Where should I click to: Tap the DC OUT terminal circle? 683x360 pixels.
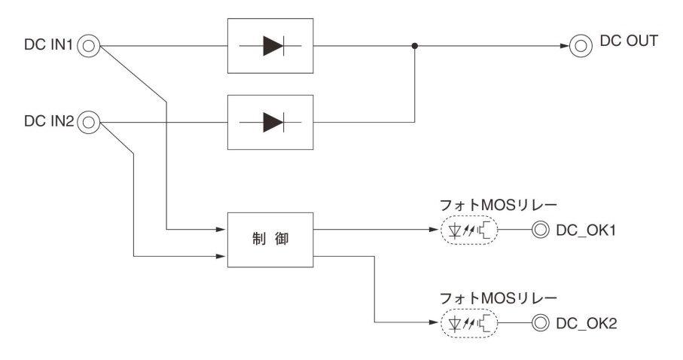pos(579,46)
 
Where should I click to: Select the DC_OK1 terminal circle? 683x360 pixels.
pos(540,229)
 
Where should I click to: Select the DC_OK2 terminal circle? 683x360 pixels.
pos(540,324)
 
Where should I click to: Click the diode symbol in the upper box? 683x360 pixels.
pos(270,46)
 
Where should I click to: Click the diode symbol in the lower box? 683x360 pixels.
pos(270,120)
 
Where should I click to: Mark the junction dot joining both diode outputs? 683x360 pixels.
pos(415,46)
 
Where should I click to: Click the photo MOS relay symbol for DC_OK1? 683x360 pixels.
pos(468,229)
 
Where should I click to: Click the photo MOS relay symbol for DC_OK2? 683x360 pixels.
pos(468,324)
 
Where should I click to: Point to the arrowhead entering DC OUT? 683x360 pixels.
pos(563,46)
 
